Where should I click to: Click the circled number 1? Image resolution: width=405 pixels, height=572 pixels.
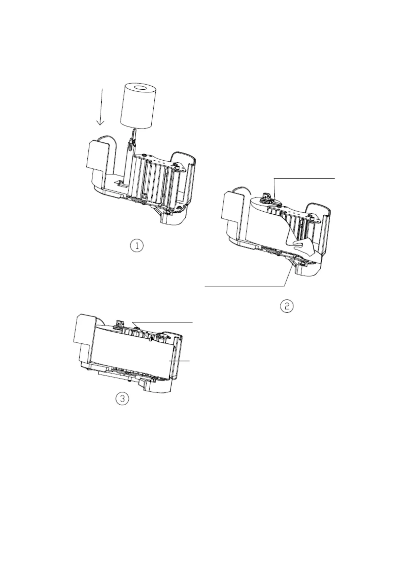137,246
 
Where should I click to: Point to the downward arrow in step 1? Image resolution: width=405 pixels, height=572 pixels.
100,107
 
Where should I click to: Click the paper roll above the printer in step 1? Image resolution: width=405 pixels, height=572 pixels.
138,109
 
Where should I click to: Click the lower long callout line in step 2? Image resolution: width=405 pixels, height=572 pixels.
245,286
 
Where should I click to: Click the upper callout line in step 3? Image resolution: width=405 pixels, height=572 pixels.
163,321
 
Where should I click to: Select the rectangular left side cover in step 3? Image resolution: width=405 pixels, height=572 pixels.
83,329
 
